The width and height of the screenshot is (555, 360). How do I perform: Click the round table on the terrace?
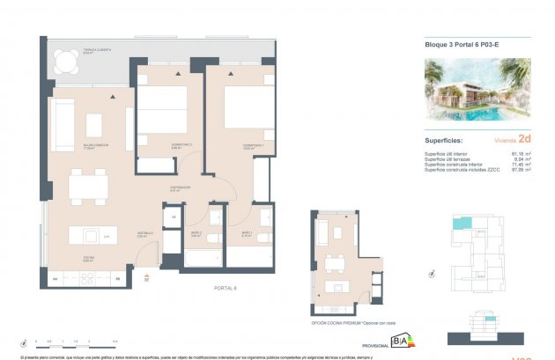[x=64, y=60]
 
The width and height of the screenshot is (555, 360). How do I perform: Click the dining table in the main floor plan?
[x=88, y=186]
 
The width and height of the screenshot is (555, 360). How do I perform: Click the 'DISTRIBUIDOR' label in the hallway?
[x=182, y=187]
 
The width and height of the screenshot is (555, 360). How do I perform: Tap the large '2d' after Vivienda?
[x=525, y=138]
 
